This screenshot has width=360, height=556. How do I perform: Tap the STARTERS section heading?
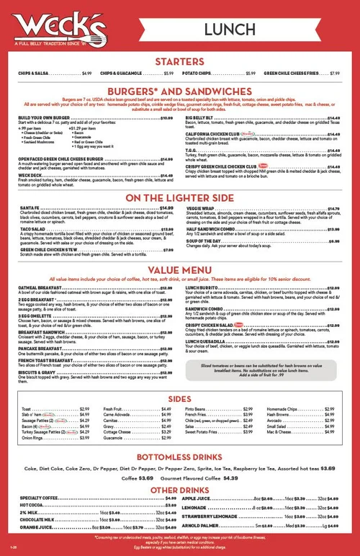coord(180,61)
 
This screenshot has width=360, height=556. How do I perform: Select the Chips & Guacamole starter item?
coord(127,73)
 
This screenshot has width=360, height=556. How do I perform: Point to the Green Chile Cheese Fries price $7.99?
coord(335,73)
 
